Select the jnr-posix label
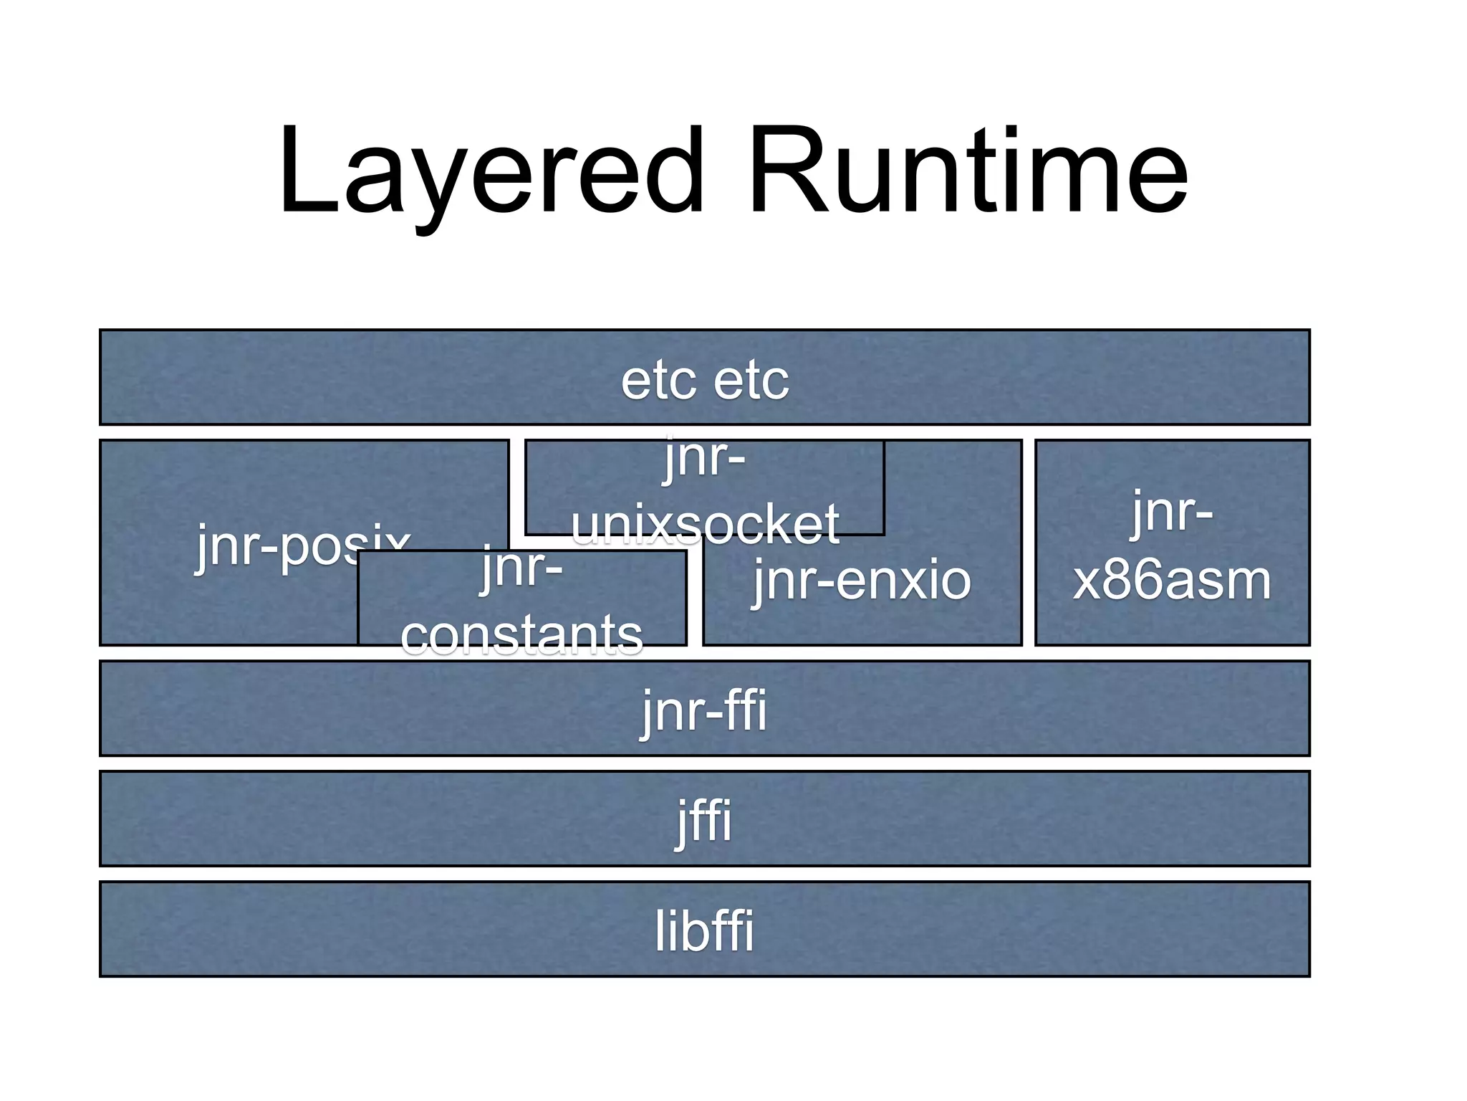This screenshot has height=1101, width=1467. click(301, 546)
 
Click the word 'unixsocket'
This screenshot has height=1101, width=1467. click(705, 525)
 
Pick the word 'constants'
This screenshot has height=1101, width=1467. click(521, 635)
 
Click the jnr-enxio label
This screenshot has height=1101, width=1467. click(862, 581)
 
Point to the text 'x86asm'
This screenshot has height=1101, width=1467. click(1172, 581)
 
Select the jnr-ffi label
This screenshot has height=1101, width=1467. click(704, 710)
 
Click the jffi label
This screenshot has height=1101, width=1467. click(704, 821)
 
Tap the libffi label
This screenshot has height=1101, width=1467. click(704, 931)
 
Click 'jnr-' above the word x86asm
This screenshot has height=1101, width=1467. click(1172, 512)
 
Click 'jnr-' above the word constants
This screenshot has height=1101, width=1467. click(521, 568)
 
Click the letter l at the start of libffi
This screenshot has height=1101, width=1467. click(660, 931)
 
